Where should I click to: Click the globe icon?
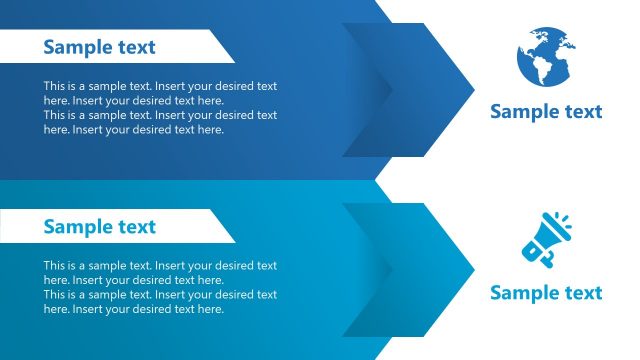coord(546,57)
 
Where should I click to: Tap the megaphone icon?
coord(546,241)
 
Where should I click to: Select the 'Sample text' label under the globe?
coord(546,111)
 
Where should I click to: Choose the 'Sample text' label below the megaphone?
coord(546,292)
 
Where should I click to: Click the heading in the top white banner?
coord(99,47)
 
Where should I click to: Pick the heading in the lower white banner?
coord(99,227)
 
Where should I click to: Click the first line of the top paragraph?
coord(160,86)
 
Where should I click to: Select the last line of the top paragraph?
coord(133,129)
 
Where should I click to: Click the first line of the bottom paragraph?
coord(160,266)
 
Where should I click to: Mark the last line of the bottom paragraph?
coord(133,309)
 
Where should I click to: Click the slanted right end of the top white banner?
coord(224,47)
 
